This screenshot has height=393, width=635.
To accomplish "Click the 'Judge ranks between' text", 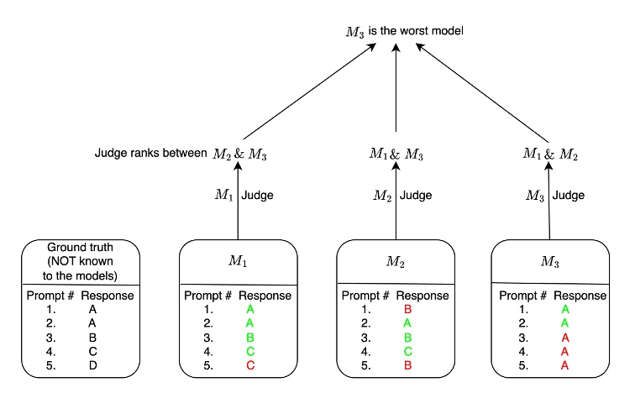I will point(150,153).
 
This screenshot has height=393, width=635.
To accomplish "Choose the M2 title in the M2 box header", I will point(394,261).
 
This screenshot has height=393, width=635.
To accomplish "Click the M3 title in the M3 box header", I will point(550,261).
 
